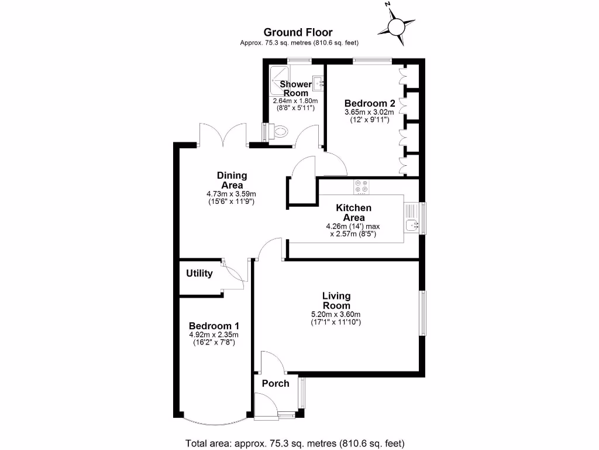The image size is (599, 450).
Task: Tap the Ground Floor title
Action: pyautogui.click(x=298, y=32)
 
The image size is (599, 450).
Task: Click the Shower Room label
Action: pyautogui.click(x=296, y=88)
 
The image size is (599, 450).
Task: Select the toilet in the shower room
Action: pyautogui.click(x=280, y=132)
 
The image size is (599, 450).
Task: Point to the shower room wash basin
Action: pyautogui.click(x=318, y=83)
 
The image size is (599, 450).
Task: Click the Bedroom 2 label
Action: pyautogui.click(x=370, y=103)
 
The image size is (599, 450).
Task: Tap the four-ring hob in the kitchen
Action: pyautogui.click(x=361, y=186)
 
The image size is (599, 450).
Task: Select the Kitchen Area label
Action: pyautogui.click(x=353, y=213)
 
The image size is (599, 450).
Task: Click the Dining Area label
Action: pyautogui.click(x=232, y=180)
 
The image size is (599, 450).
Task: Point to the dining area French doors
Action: pyautogui.click(x=222, y=135)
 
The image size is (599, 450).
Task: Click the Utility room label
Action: pyautogui.click(x=199, y=273)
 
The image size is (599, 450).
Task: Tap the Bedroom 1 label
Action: pyautogui.click(x=214, y=326)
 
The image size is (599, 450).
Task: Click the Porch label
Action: pyautogui.click(x=275, y=383)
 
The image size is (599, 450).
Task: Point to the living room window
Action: pyautogui.click(x=422, y=312)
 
